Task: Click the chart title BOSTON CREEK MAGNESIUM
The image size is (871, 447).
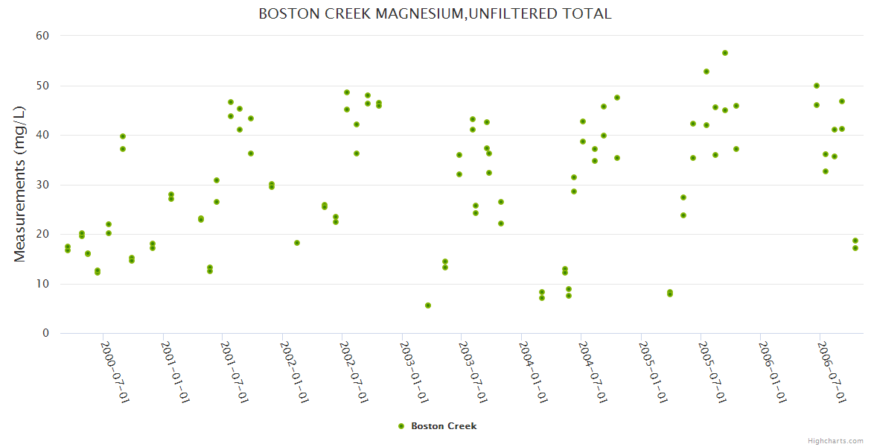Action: coord(435,13)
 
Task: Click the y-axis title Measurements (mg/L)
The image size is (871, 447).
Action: coord(20,183)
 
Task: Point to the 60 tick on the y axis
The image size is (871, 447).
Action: coord(42,36)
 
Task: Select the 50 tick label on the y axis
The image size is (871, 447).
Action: coord(42,86)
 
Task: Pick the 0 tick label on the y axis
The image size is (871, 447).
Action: coord(45,334)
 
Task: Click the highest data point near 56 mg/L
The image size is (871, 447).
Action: coord(725,53)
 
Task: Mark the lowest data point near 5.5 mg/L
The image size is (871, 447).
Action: coord(428,305)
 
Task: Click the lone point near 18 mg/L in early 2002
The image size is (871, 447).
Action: coord(297,243)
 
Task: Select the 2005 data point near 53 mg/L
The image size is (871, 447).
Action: coord(706,72)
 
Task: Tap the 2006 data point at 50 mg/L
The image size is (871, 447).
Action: coord(817,86)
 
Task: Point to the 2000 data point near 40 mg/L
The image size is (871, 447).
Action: coord(123,136)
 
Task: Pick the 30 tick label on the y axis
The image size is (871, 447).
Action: coord(42,185)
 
